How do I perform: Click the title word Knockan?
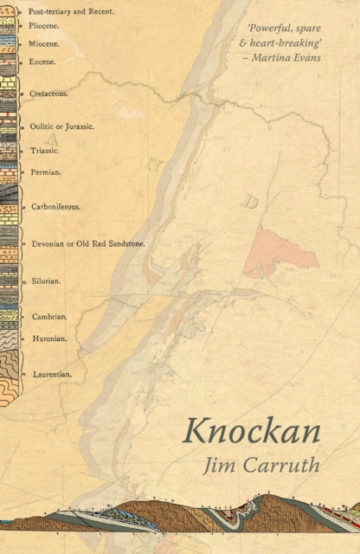(x=252, y=431)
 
